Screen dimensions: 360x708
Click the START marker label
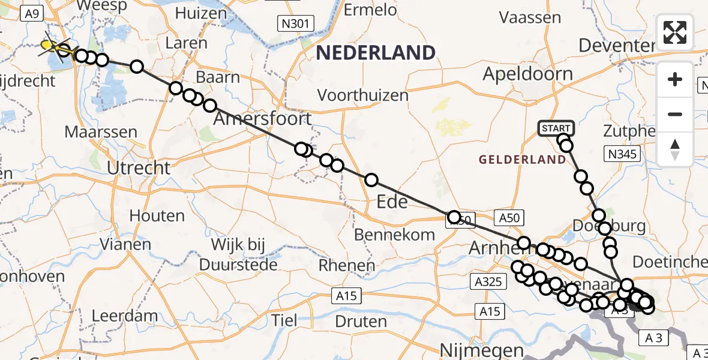tap(556, 128)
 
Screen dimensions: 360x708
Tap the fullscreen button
tap(675, 32)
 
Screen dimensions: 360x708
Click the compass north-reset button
tap(675, 149)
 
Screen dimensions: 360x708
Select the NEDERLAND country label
tap(376, 53)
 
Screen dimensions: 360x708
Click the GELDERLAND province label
tap(523, 159)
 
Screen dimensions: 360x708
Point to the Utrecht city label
tap(139, 168)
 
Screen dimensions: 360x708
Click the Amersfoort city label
tap(263, 118)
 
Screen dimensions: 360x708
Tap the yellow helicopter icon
tap(50, 46)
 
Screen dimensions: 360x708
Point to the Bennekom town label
tap(394, 235)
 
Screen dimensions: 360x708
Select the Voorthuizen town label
tap(363, 95)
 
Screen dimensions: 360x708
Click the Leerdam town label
tap(125, 316)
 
